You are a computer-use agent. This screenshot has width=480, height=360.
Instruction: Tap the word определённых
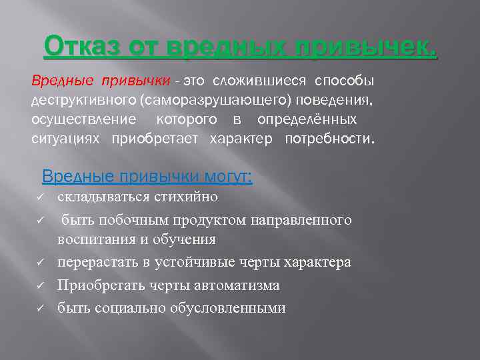[307, 120]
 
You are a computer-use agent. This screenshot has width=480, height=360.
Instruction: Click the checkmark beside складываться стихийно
[41, 197]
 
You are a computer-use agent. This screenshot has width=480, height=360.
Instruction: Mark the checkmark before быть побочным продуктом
[41, 220]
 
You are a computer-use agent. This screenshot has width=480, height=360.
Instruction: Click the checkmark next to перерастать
[41, 263]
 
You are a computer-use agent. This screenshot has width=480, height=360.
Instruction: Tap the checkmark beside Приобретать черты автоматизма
[41, 286]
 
